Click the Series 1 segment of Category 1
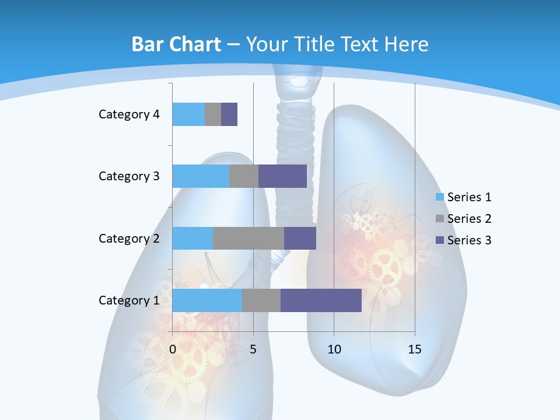coord(207,300)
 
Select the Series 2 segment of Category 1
coord(261,300)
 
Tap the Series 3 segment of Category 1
coord(321,300)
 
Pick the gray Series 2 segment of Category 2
coord(249,238)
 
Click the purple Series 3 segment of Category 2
coord(300,238)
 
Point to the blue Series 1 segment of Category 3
coord(201,176)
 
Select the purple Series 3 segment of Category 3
coord(282,176)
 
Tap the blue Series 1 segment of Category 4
coord(188,114)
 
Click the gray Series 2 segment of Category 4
coord(213,114)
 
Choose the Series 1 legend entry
coord(464,197)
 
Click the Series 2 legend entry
coord(464,219)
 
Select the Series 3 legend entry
coord(464,240)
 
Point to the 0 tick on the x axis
coord(173,349)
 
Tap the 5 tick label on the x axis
coord(253,349)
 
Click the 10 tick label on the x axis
coord(334,349)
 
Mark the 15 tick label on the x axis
coord(415,349)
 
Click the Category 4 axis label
coord(129,114)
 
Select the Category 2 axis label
coord(129,238)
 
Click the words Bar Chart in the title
coord(176,44)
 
